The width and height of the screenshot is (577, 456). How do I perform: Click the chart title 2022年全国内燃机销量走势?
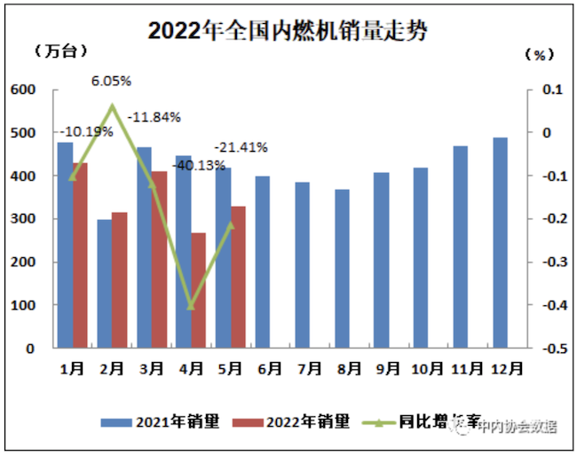click(288, 31)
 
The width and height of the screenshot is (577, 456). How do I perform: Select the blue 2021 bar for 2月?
click(105, 283)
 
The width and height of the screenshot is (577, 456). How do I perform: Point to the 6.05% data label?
click(112, 81)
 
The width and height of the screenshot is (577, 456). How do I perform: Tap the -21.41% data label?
click(241, 147)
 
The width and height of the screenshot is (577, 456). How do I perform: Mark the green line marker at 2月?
click(113, 107)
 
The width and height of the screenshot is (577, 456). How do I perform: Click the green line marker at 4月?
click(191, 306)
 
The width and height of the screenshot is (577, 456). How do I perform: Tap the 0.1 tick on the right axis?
click(553, 90)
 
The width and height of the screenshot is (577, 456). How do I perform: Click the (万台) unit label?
click(59, 51)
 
